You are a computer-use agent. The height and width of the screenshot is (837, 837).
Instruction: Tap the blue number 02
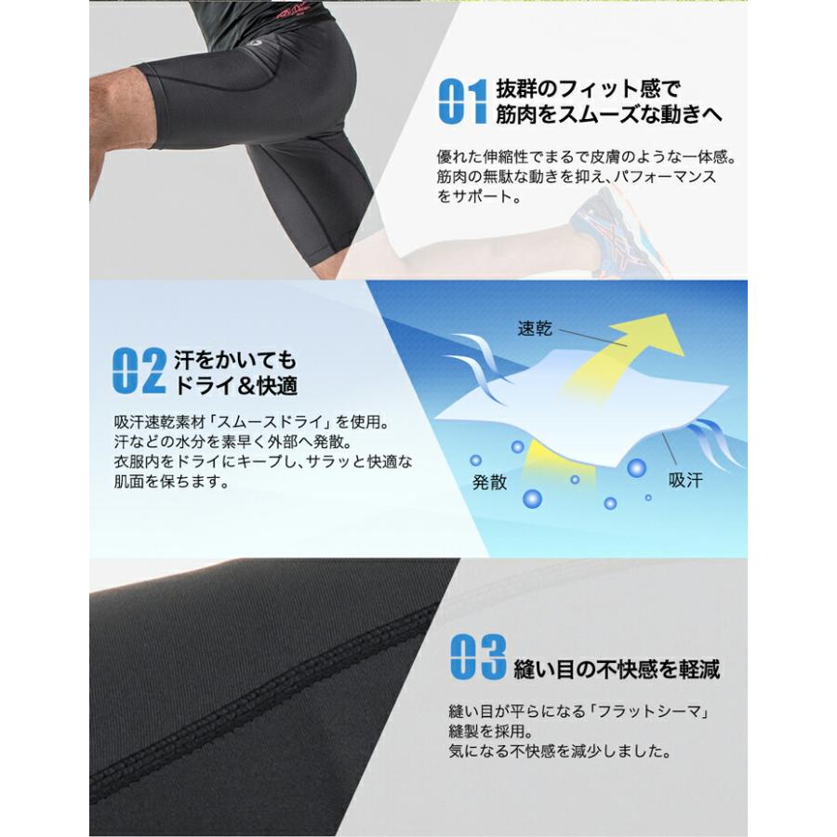(139, 371)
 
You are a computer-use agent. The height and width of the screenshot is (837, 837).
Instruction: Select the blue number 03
(477, 658)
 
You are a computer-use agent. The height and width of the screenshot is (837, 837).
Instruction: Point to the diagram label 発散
(489, 482)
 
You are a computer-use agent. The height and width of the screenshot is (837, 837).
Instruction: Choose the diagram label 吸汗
(688, 481)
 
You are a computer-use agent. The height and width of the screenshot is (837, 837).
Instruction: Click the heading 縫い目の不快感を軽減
(617, 669)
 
